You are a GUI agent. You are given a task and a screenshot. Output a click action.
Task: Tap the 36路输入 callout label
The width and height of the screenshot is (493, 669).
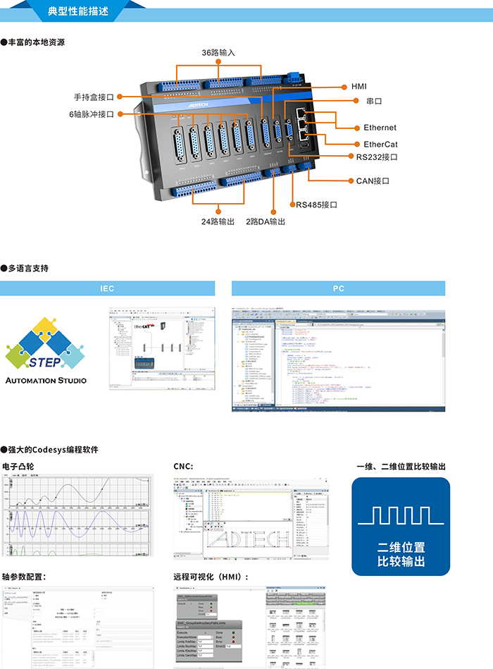[218, 53]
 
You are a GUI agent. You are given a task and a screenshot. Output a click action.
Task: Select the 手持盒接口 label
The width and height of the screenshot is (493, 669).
[94, 97]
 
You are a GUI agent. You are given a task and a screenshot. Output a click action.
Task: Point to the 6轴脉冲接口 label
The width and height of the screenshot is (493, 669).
[91, 114]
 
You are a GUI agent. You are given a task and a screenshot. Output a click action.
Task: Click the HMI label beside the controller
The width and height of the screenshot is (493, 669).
[359, 87]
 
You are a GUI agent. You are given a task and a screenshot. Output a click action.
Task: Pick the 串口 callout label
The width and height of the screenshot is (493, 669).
[374, 102]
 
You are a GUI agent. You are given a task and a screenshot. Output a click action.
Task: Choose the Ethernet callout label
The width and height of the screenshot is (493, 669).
[380, 128]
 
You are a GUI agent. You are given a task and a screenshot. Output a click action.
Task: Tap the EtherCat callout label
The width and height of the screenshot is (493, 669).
[380, 144]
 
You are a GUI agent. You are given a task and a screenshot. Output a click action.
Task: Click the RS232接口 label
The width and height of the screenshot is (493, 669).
[377, 157]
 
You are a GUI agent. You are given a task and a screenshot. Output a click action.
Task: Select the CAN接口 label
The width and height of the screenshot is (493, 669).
[373, 181]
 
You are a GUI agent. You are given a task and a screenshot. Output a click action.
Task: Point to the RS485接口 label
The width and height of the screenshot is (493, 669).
[316, 205]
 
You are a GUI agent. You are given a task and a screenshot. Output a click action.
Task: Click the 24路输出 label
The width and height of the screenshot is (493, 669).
[218, 221]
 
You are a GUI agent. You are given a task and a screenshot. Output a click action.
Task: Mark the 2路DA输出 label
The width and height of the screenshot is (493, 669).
[266, 221]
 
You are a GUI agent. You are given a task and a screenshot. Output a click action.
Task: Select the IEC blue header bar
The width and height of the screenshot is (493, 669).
[106, 288]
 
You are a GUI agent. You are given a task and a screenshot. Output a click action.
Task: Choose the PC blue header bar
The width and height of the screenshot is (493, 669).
[339, 288]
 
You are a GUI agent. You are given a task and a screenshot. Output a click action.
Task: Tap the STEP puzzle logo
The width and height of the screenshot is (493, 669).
[46, 344]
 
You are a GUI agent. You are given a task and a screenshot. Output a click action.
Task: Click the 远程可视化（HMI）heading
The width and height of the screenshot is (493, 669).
[211, 577]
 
